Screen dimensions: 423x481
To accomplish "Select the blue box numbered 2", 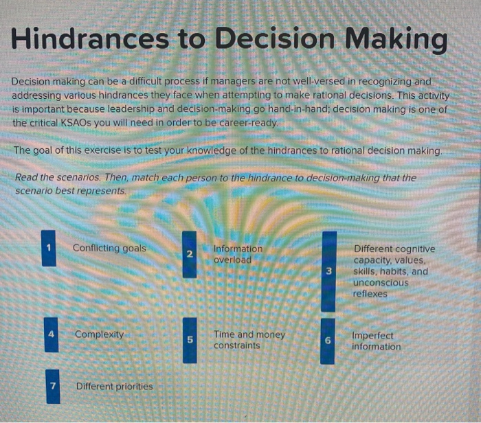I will click(189, 254).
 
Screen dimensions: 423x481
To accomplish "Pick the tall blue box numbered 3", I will click(329, 271).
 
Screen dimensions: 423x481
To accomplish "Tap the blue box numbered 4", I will click(51, 334).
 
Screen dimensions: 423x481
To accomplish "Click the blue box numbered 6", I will click(328, 341).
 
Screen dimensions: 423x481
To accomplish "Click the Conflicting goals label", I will click(109, 248).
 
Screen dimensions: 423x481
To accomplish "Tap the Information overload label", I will click(238, 254).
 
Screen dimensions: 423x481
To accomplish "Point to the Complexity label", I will click(100, 334).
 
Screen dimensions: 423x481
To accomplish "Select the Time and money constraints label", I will click(249, 340).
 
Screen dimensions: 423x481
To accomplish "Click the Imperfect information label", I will click(376, 341).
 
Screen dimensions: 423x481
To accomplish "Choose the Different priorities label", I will click(114, 386).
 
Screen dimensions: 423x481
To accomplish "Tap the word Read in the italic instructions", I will click(26, 179).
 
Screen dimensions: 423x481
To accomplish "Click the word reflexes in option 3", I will click(370, 294).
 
